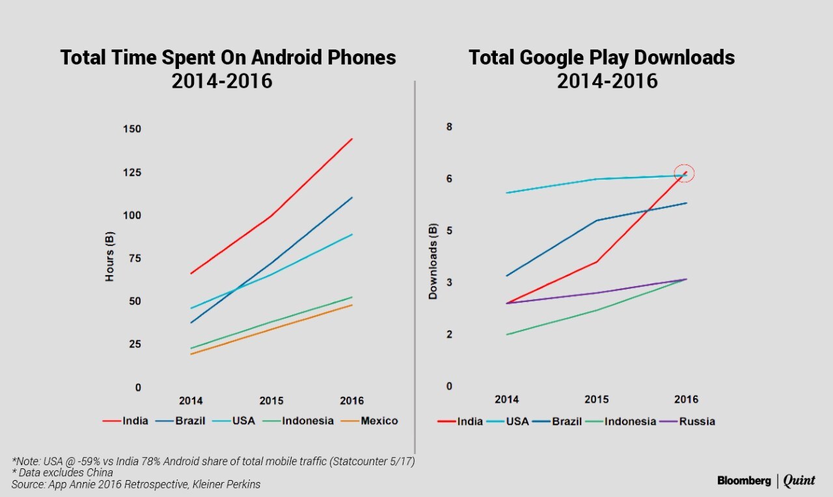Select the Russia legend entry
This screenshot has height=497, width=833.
pyautogui.click(x=697, y=422)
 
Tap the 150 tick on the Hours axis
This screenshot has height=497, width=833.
pyautogui.click(x=132, y=129)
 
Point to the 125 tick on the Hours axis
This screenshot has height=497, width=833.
pyautogui.click(x=132, y=172)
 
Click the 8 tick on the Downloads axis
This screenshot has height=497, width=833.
pyautogui.click(x=448, y=127)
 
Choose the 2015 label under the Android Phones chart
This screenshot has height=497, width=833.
pyautogui.click(x=271, y=401)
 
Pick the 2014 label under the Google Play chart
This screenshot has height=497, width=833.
pyautogui.click(x=507, y=399)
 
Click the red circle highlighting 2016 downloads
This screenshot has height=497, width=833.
pyautogui.click(x=685, y=173)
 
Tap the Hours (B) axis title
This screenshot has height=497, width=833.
pyautogui.click(x=109, y=256)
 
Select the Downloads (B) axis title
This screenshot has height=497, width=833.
pyautogui.click(x=433, y=262)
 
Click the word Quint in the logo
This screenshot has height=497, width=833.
pyautogui.click(x=799, y=481)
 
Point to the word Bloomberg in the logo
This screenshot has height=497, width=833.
pyautogui.click(x=744, y=481)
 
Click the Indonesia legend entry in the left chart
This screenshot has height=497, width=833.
pyautogui.click(x=308, y=421)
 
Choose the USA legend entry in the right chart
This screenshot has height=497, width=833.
pyautogui.click(x=517, y=422)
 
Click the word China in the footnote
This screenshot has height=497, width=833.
pyautogui.click(x=100, y=473)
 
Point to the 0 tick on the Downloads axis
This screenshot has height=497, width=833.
pyautogui.click(x=448, y=386)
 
